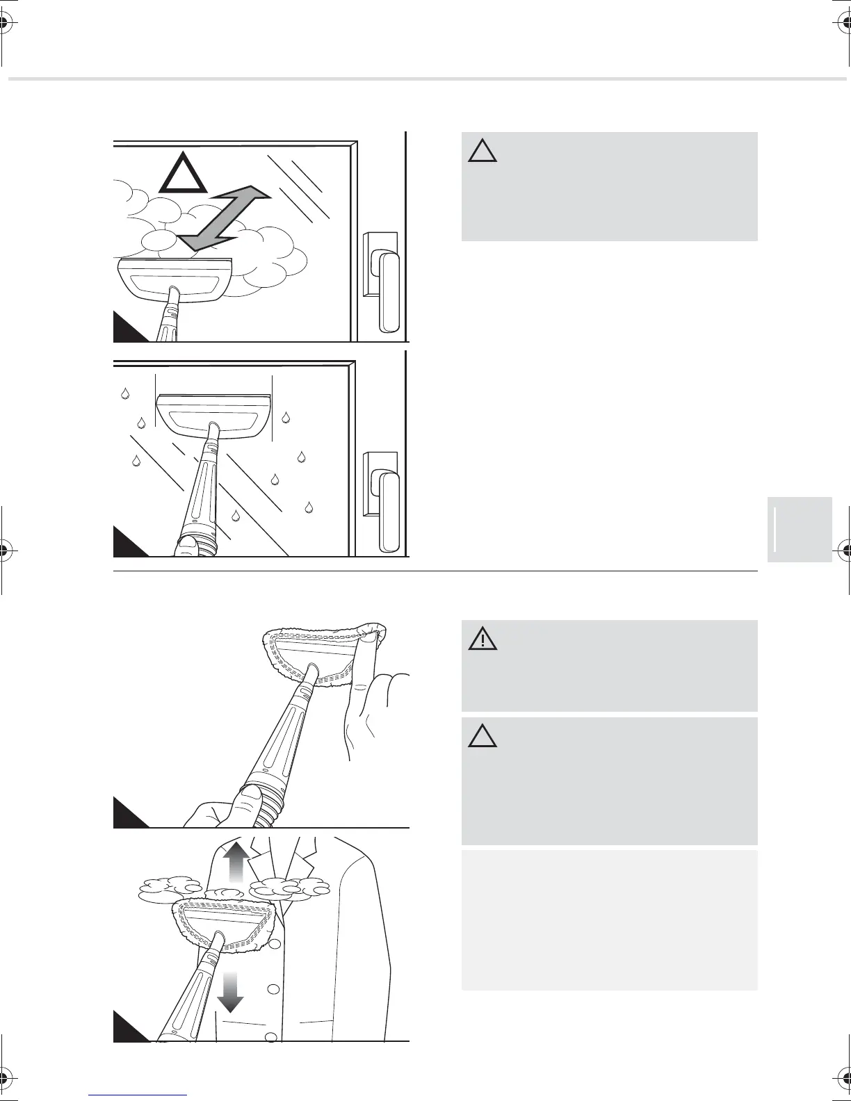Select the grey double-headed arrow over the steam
click(222, 218)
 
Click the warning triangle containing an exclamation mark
click(482, 637)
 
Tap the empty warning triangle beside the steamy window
click(482, 150)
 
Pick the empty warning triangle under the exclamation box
click(482, 735)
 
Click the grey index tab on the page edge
click(800, 529)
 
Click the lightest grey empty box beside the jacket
click(609, 920)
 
